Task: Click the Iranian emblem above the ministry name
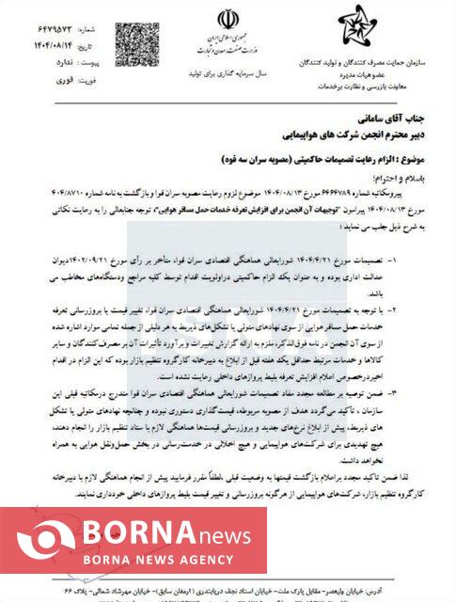(228, 20)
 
